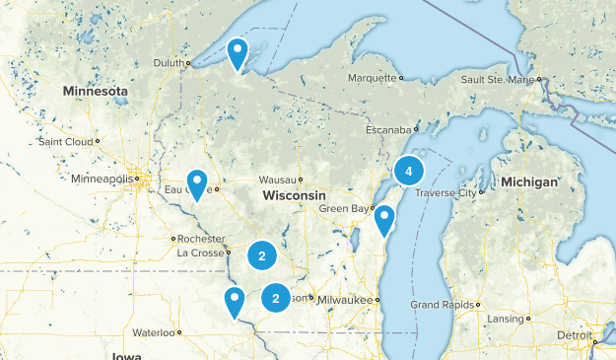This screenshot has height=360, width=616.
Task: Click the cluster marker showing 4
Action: click(408, 171)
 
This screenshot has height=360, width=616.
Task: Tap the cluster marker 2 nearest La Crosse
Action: click(262, 255)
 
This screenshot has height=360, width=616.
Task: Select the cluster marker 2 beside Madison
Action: click(276, 298)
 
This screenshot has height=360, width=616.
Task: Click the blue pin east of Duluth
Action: click(238, 53)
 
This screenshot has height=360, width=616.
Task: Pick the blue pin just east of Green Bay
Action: click(383, 220)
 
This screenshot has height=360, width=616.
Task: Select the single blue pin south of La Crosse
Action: click(235, 302)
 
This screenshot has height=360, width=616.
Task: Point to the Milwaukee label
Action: click(349, 299)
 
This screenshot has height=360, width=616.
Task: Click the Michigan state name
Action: click(528, 182)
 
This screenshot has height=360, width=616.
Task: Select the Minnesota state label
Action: click(96, 91)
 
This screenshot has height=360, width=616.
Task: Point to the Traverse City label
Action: click(445, 192)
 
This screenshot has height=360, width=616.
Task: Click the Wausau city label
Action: click(277, 180)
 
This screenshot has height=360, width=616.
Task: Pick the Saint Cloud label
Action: click(65, 141)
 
